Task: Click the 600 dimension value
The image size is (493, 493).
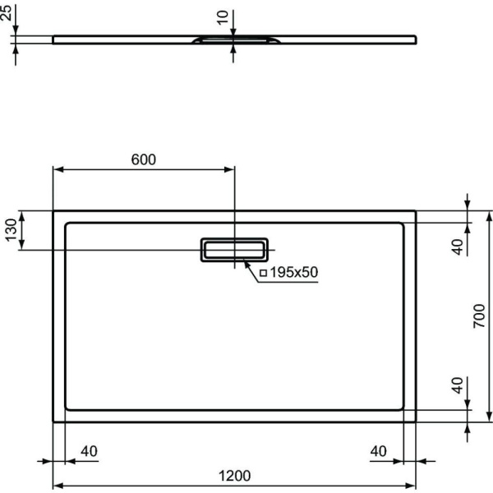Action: pos(143,159)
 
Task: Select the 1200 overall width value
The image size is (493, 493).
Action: pos(235,476)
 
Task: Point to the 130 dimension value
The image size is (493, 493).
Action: pos(11,231)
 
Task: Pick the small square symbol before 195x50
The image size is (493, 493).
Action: pos(264,273)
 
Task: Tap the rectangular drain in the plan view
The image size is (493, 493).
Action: pos(234,250)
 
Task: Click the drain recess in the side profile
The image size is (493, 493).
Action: pos(234,39)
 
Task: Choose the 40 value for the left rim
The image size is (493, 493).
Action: pos(89,451)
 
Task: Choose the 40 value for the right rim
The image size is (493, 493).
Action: pos(379,451)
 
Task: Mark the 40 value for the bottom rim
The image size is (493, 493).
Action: pos(458,387)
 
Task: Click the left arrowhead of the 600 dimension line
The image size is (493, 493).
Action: pos(57,170)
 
